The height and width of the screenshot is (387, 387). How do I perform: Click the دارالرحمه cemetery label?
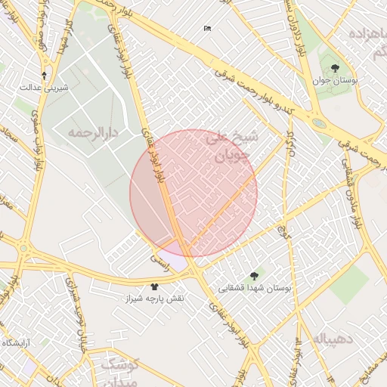pyautogui.click(x=94, y=133)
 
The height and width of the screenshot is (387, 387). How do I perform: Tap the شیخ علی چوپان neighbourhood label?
pyautogui.click(x=233, y=148)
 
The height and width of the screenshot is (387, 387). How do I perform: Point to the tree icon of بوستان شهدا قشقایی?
pyautogui.click(x=253, y=277)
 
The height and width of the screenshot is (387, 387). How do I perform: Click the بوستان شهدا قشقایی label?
pyautogui.click(x=255, y=288)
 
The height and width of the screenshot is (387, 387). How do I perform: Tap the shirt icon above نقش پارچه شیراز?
pyautogui.click(x=155, y=287)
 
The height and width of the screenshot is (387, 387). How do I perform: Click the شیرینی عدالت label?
pyautogui.click(x=45, y=87)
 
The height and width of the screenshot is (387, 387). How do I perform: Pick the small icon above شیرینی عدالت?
pyautogui.click(x=45, y=76)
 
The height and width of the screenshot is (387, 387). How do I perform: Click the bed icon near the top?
pyautogui.click(x=207, y=29)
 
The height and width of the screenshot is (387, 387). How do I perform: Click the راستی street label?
pyautogui.click(x=160, y=258)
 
